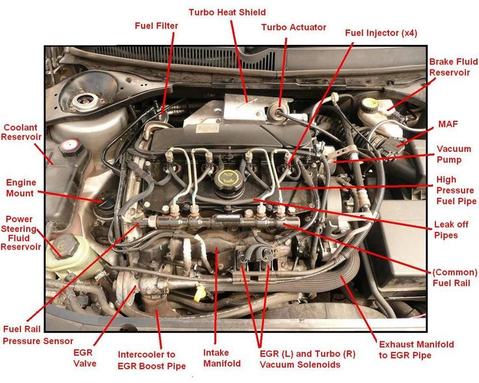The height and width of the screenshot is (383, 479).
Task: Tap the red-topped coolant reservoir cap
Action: click(71, 147)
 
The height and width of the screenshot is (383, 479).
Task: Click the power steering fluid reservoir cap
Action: click(65, 246)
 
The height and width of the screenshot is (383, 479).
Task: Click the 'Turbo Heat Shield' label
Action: click(227, 12)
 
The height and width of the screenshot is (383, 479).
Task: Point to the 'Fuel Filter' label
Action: click(156, 25)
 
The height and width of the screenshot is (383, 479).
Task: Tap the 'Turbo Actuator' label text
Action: click(294, 27)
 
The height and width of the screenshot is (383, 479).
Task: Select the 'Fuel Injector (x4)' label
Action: click(381, 33)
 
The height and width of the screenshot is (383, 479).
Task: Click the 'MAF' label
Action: click(448, 124)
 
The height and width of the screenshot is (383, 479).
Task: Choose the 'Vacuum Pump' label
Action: click(449, 154)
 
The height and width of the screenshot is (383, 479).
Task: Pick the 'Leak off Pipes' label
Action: click(451, 229)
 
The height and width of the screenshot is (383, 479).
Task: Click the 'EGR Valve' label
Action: click(85, 358)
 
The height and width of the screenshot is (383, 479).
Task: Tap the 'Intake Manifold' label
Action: click(222, 358)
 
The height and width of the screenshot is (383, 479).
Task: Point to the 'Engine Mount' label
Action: click(21, 188)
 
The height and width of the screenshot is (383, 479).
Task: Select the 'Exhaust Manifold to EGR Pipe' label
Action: click(417, 350)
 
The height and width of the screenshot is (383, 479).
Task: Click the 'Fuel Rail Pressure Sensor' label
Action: click(38, 335)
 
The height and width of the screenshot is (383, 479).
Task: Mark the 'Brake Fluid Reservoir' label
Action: click(454, 67)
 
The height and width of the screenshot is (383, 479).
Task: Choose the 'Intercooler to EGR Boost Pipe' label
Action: click(152, 360)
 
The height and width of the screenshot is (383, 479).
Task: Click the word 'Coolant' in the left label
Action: click(20, 128)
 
